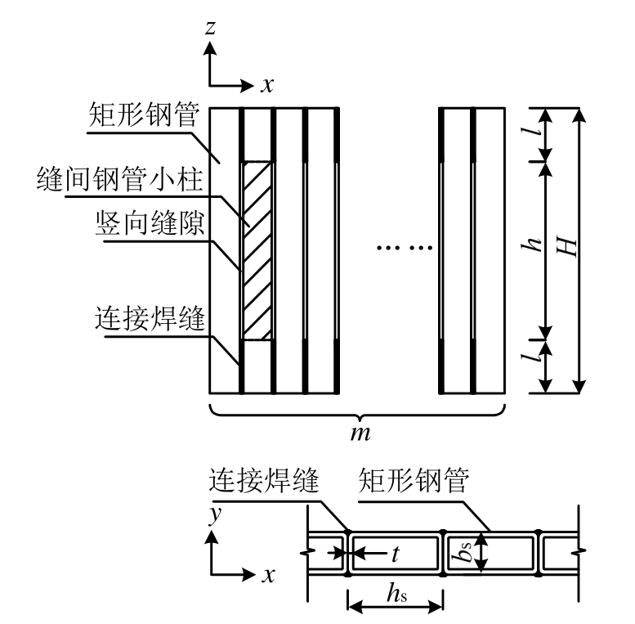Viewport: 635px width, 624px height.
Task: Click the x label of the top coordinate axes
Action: [x=267, y=84]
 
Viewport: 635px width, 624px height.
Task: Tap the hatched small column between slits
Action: [x=257, y=249]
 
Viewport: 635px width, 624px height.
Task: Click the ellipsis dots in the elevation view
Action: [x=396, y=246]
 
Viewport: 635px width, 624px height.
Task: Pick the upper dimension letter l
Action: [x=538, y=134]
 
